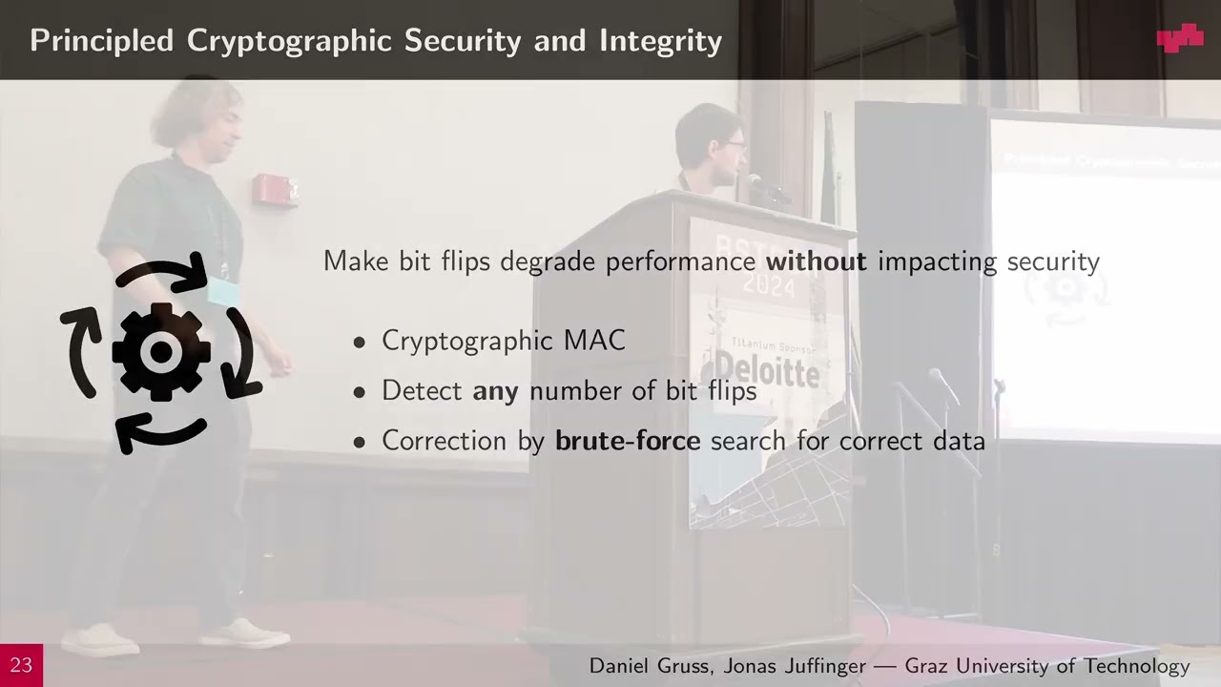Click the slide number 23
click(21, 665)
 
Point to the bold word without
click(817, 261)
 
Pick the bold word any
click(495, 391)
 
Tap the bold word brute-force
click(628, 441)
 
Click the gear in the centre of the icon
click(161, 352)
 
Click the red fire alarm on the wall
click(276, 190)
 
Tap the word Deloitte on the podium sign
click(767, 368)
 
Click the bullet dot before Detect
click(360, 392)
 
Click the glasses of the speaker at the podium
click(734, 145)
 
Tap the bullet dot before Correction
click(360, 442)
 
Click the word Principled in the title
click(102, 41)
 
